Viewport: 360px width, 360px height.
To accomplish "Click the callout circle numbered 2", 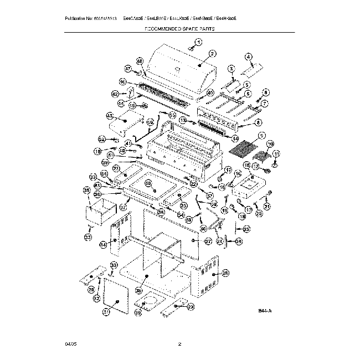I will [212, 54].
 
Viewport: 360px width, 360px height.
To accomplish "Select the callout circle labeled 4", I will [249, 57].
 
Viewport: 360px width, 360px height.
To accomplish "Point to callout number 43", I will [110, 116].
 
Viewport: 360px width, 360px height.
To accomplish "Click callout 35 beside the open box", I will [86, 191].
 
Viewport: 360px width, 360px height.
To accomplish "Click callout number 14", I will [235, 138].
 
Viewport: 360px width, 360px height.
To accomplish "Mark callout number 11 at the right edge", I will [277, 153].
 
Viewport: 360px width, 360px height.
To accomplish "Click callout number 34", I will [103, 244].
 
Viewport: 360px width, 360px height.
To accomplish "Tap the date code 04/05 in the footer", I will [69, 344].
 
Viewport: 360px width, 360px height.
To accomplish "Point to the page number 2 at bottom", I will [180, 344].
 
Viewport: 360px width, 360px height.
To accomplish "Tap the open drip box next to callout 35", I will [99, 214].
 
